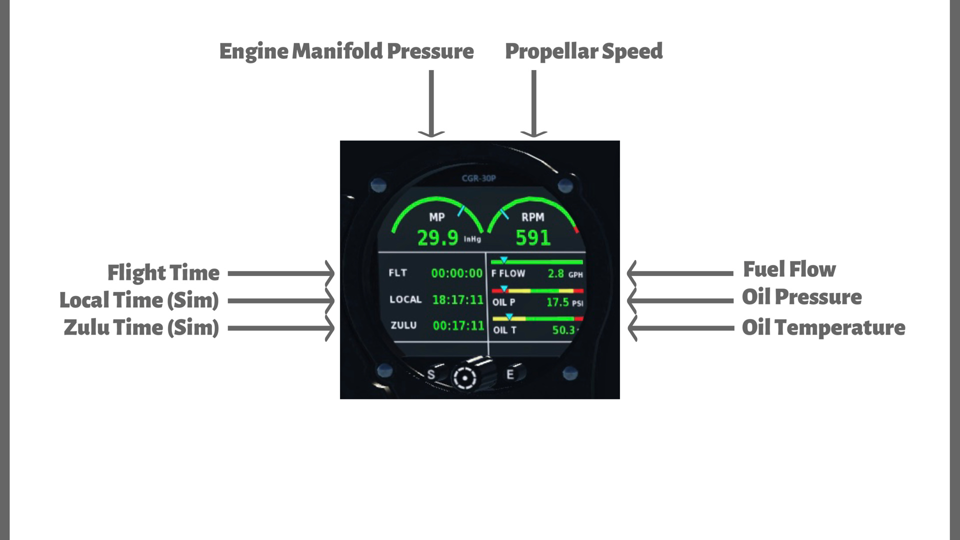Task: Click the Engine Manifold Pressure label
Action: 346,51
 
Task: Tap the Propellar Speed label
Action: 583,51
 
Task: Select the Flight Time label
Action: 163,273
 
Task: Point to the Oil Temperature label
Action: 823,328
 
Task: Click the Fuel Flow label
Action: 789,269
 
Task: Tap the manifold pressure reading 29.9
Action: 437,238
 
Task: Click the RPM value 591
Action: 533,238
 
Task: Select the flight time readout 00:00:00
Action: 456,273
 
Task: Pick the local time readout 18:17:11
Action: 457,300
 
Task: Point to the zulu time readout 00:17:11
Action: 458,326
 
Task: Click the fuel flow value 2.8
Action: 555,273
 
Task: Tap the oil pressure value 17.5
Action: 557,302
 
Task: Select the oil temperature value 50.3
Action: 563,330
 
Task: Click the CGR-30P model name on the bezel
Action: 478,178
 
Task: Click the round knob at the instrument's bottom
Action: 465,377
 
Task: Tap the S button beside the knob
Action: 431,374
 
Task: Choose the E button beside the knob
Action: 510,374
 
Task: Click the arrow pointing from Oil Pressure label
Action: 680,300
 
